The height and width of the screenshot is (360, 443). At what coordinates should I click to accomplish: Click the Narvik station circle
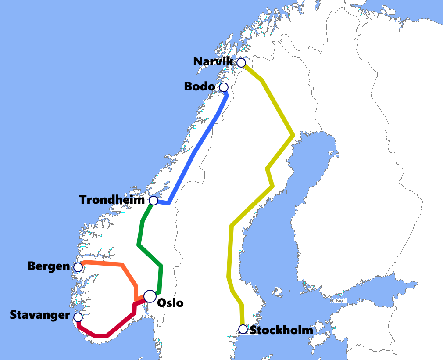[x=241, y=63]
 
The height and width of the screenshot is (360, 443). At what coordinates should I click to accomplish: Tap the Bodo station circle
[x=224, y=87]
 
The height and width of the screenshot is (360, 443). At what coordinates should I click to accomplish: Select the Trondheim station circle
[x=154, y=201]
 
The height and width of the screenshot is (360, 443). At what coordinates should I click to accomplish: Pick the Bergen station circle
[x=78, y=267]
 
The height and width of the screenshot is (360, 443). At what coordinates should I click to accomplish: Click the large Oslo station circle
[x=150, y=296]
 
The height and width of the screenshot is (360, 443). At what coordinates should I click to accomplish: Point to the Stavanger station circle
[x=78, y=317]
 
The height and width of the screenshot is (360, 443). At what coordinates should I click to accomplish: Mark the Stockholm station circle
[x=243, y=329]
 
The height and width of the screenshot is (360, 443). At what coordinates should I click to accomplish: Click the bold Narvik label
[x=213, y=61]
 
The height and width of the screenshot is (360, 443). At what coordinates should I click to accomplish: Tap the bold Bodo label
[x=200, y=86]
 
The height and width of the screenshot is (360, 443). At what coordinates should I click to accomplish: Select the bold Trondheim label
[x=112, y=200]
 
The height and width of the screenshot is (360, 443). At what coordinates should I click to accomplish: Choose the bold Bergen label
[x=48, y=266]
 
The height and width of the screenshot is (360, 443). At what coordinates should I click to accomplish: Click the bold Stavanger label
[x=39, y=315]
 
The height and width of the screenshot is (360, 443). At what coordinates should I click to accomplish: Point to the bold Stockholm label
[x=281, y=330]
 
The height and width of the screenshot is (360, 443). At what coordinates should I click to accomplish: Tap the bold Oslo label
[x=170, y=303]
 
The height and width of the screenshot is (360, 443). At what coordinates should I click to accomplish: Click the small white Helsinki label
[x=338, y=301]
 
